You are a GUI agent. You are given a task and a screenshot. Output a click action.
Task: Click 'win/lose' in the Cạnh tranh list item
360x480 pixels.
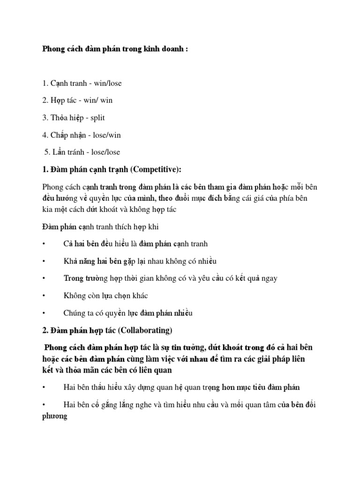click(x=107, y=83)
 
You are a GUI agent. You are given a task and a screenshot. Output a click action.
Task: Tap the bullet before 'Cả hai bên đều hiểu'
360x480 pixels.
click(x=44, y=244)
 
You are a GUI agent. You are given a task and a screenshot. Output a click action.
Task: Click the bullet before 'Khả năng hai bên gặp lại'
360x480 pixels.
click(x=44, y=261)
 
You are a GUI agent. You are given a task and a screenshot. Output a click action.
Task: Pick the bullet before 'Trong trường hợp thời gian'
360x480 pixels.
click(x=44, y=278)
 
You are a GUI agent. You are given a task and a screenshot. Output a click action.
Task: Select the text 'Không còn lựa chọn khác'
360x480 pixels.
click(x=106, y=295)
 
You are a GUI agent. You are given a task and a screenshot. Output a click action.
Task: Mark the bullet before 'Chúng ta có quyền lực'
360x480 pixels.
click(x=44, y=313)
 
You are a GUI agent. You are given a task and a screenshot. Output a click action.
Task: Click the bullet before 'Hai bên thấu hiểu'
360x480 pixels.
click(x=44, y=387)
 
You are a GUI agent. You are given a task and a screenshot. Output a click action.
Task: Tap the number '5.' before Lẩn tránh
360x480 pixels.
click(x=47, y=152)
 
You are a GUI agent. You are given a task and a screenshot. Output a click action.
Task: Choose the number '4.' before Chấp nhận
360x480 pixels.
click(x=45, y=135)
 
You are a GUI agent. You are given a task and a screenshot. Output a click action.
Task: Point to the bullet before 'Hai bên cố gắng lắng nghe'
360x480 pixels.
click(x=44, y=405)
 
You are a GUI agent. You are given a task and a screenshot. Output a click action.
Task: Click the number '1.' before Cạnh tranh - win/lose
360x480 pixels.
click(x=45, y=83)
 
